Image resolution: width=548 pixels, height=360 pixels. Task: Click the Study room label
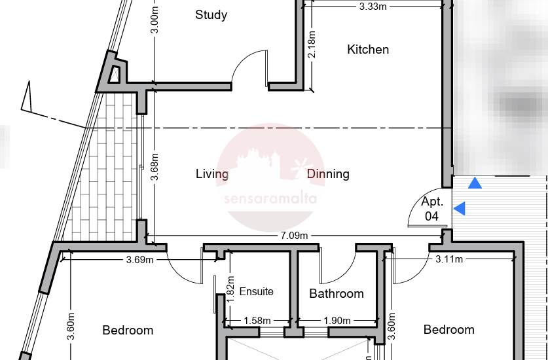tap(211, 15)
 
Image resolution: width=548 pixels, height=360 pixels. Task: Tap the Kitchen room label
tap(368, 50)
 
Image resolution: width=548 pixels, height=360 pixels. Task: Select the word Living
tap(212, 174)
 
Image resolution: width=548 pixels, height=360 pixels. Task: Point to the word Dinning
tap(328, 174)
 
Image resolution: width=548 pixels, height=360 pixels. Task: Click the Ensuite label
tap(256, 291)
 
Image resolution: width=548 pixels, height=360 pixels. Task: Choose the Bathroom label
tap(337, 294)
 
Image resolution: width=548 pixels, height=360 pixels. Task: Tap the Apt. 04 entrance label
tap(432, 209)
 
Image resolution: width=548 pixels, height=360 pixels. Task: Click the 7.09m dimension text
tap(294, 236)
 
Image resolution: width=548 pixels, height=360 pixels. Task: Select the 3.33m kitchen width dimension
tap(373, 7)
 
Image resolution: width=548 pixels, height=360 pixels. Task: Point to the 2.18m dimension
tap(312, 44)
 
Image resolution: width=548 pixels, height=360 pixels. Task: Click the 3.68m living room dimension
tap(155, 167)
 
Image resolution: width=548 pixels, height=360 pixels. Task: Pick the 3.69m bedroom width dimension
tap(140, 260)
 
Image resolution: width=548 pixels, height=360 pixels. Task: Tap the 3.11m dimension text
tap(449, 259)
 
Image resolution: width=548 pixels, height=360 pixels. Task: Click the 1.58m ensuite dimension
tap(257, 321)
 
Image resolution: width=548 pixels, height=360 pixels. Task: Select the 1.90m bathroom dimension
tap(337, 321)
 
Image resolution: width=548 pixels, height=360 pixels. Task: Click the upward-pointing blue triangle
tap(475, 183)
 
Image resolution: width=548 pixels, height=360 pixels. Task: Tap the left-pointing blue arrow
tap(459, 209)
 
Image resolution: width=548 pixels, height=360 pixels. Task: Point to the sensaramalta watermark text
tap(270, 199)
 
